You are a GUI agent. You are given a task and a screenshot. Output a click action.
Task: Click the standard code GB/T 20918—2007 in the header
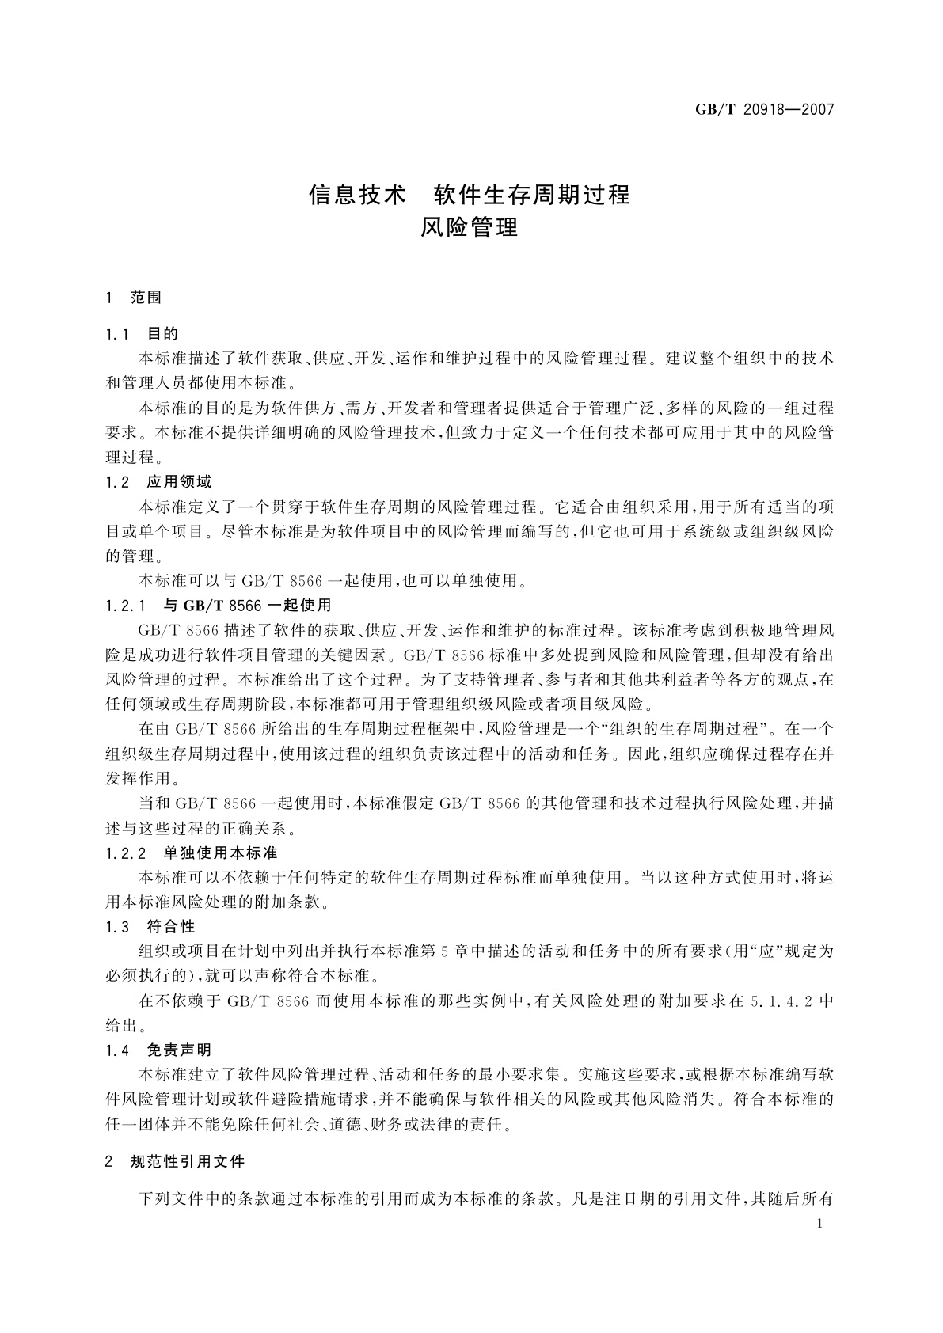tap(765, 109)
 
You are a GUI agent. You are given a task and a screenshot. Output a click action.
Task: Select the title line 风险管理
tap(470, 228)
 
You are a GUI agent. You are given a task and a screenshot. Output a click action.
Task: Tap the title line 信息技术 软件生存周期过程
tap(470, 194)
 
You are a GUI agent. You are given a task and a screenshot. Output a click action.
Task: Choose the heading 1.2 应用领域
tap(158, 481)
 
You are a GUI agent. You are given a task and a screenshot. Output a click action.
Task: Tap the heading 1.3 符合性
tap(150, 926)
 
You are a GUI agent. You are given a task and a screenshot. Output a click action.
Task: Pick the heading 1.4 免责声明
tap(158, 1050)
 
